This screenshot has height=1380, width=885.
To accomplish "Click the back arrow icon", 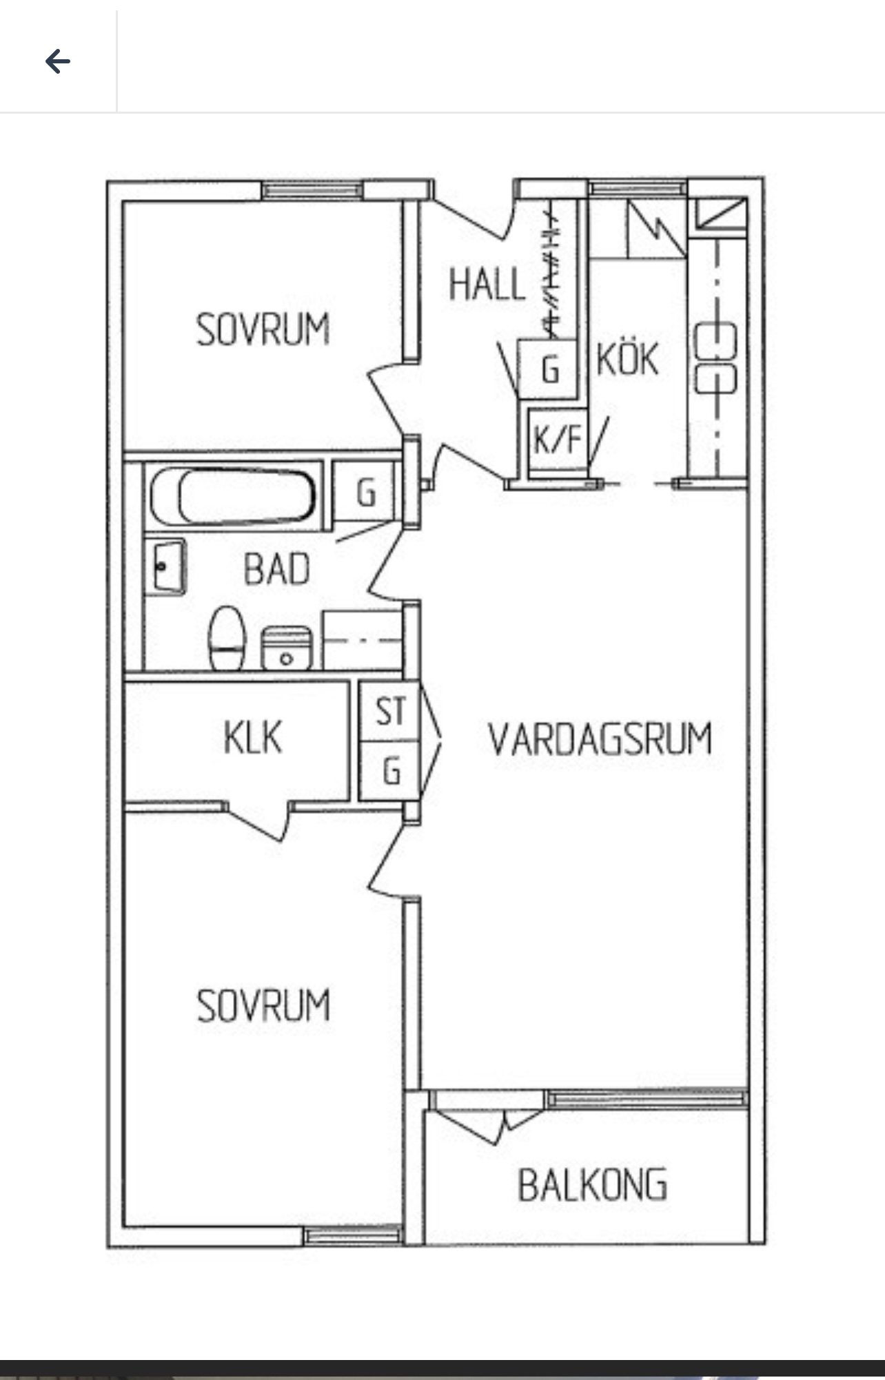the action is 58,62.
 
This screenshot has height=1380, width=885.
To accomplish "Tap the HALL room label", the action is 487,284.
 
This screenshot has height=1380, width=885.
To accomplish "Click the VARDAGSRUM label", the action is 600,739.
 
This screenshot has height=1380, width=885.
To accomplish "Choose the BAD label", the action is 277,569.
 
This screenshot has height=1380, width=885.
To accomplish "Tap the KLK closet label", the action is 253,737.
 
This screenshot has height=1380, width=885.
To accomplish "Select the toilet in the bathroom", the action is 227,638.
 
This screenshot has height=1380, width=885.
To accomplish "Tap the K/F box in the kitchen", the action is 557,438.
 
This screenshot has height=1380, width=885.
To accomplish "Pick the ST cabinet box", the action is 390,711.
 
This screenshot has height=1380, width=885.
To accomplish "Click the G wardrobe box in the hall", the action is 548,369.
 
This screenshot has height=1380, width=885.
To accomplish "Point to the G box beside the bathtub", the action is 366,492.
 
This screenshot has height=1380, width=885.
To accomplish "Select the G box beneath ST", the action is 390,770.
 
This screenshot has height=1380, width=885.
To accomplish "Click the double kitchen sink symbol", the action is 715,358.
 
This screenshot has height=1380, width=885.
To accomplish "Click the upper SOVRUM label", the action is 263,329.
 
